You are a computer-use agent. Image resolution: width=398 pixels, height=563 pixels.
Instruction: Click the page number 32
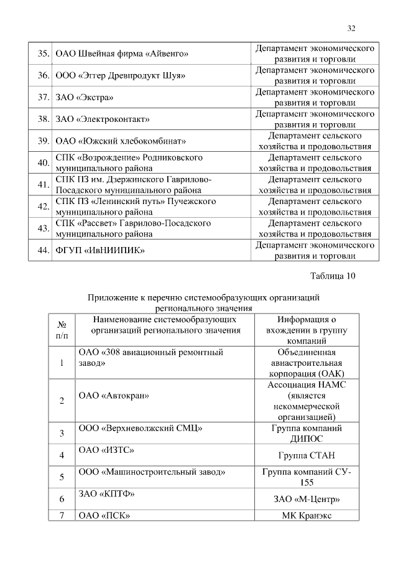click(351, 29)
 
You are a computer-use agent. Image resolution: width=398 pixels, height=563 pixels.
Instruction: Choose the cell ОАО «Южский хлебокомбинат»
click(121, 141)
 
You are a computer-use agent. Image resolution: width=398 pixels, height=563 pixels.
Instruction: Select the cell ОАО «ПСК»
click(104, 515)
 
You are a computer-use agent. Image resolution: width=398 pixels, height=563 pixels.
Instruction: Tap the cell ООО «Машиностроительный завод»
click(152, 472)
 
